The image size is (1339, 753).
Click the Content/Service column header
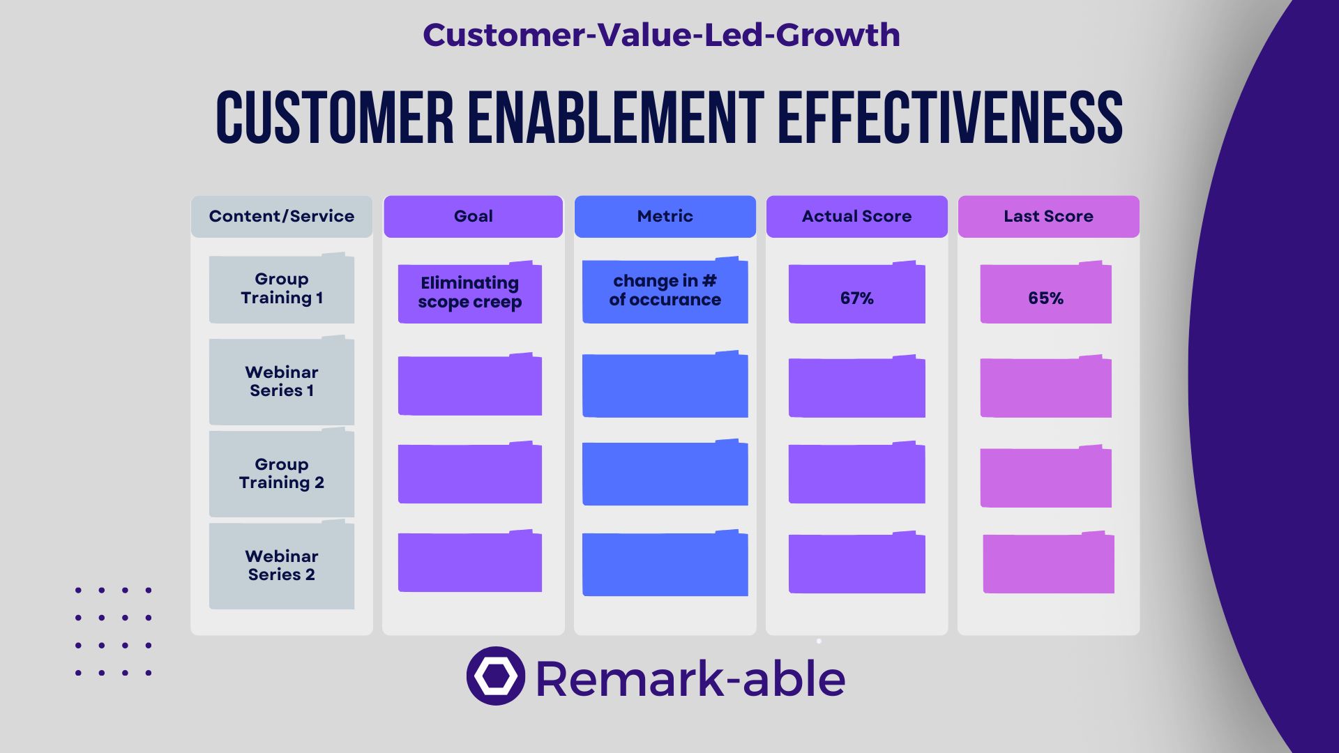pyautogui.click(x=282, y=216)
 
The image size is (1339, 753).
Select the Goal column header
pyautogui.click(x=473, y=216)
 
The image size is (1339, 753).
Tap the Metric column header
pyautogui.click(x=665, y=216)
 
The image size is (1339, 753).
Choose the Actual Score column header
pyautogui.click(x=856, y=216)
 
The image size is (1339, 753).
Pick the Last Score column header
pyautogui.click(x=1048, y=216)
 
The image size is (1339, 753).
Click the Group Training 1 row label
pyautogui.click(x=282, y=289)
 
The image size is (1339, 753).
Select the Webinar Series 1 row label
pyautogui.click(x=282, y=381)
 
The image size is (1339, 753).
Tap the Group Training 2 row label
pyautogui.click(x=282, y=473)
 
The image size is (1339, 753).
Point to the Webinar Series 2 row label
pyautogui.click(x=282, y=565)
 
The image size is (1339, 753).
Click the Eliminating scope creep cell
pyautogui.click(x=470, y=293)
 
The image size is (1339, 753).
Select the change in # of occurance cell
pyautogui.click(x=665, y=291)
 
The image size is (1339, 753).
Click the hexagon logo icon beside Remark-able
pyautogui.click(x=496, y=676)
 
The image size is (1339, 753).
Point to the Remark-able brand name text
pyautogui.click(x=690, y=678)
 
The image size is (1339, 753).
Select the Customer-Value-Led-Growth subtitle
pyautogui.click(x=661, y=35)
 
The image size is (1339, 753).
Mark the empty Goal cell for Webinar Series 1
pyautogui.click(x=470, y=385)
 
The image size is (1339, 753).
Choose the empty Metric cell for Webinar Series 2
pyautogui.click(x=665, y=563)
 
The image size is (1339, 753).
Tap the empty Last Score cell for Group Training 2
pyautogui.click(x=1046, y=476)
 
